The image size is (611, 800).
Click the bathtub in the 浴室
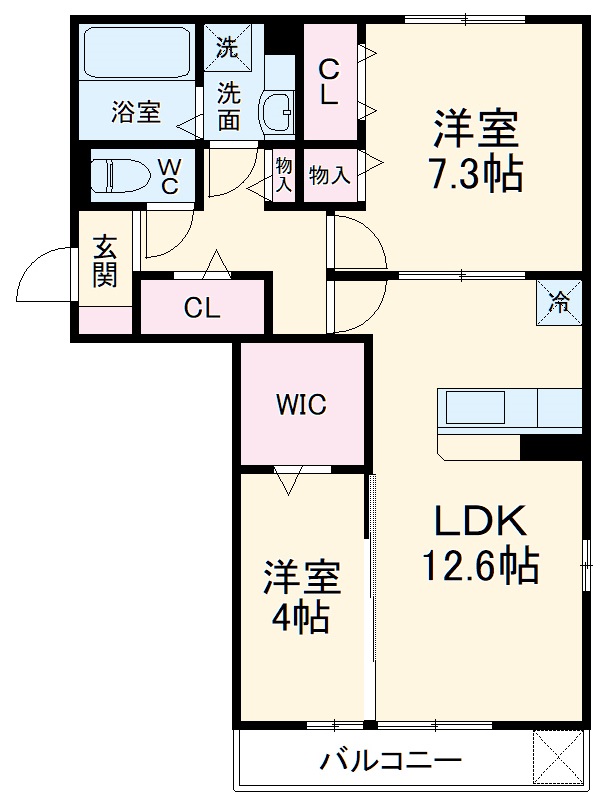(137, 53)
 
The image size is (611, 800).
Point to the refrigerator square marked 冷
(559, 303)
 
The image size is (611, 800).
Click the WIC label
(301, 405)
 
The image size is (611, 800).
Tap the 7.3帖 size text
(476, 173)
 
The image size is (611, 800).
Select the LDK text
(480, 521)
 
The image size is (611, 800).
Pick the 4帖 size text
(300, 618)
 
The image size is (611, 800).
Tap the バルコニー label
(390, 761)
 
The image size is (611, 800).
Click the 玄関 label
(105, 260)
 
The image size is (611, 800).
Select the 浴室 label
(136, 111)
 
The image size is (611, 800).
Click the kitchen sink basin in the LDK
(476, 408)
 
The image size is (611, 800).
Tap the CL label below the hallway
(202, 308)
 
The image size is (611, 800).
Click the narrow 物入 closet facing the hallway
(284, 175)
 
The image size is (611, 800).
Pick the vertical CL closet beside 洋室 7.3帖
(330, 82)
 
